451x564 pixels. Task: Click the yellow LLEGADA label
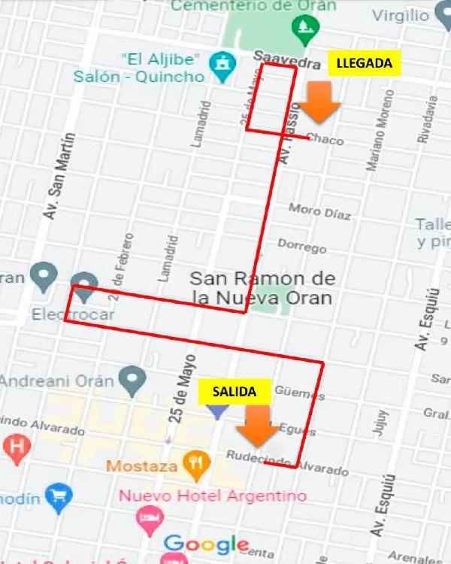point(365,63)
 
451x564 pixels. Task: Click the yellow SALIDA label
point(229,391)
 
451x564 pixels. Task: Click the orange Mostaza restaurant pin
point(196,466)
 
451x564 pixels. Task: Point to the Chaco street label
point(325,139)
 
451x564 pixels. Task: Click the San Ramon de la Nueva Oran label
point(262,288)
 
